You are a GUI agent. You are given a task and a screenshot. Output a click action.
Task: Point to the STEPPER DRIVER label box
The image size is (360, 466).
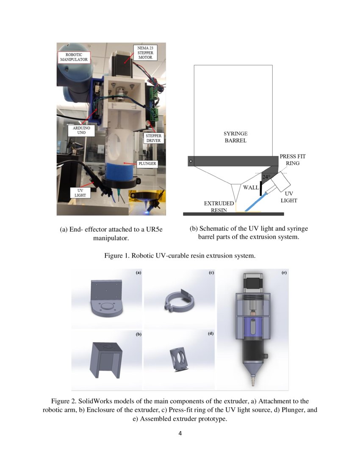[153, 139]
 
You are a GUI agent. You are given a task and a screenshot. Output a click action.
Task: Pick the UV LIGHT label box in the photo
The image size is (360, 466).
[80, 193]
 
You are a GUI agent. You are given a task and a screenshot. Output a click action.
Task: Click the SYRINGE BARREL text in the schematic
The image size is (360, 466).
[235, 137]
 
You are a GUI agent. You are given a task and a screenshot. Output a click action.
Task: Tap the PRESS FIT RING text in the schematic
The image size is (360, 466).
[292, 160]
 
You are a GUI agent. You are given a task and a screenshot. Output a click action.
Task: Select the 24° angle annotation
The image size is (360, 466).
[266, 177]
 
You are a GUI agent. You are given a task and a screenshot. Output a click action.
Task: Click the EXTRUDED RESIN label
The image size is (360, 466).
[219, 207]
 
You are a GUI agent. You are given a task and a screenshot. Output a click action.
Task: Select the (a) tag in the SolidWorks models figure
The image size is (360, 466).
[138, 273]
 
